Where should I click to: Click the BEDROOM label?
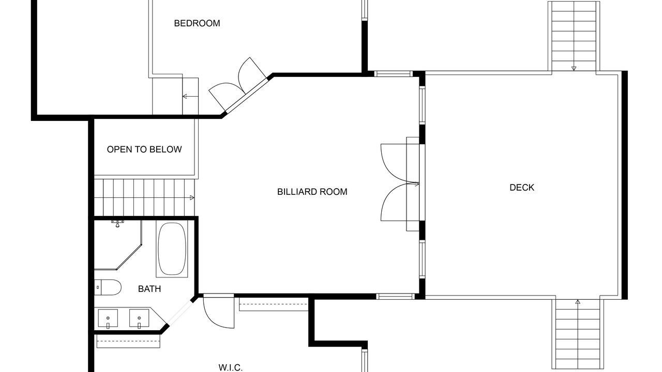click(x=197, y=23)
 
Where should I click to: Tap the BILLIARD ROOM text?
click(x=312, y=192)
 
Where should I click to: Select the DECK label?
click(x=522, y=188)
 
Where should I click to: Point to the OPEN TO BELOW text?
click(x=144, y=149)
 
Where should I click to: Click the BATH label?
click(x=149, y=289)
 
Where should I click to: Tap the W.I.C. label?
click(x=231, y=368)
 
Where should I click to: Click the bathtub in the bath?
click(x=172, y=250)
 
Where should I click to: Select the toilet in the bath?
click(x=108, y=287)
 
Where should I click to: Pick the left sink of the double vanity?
click(x=108, y=319)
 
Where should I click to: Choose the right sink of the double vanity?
click(x=139, y=319)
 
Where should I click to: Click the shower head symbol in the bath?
click(x=117, y=224)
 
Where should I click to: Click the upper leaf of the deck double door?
click(x=399, y=163)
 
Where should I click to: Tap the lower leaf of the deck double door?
click(x=399, y=202)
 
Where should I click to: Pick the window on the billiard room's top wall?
click(x=394, y=74)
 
